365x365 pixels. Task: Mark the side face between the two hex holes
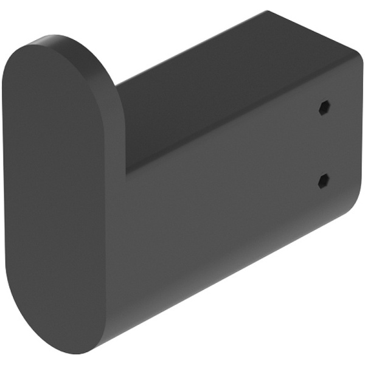pyautogui.click(x=323, y=144)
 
